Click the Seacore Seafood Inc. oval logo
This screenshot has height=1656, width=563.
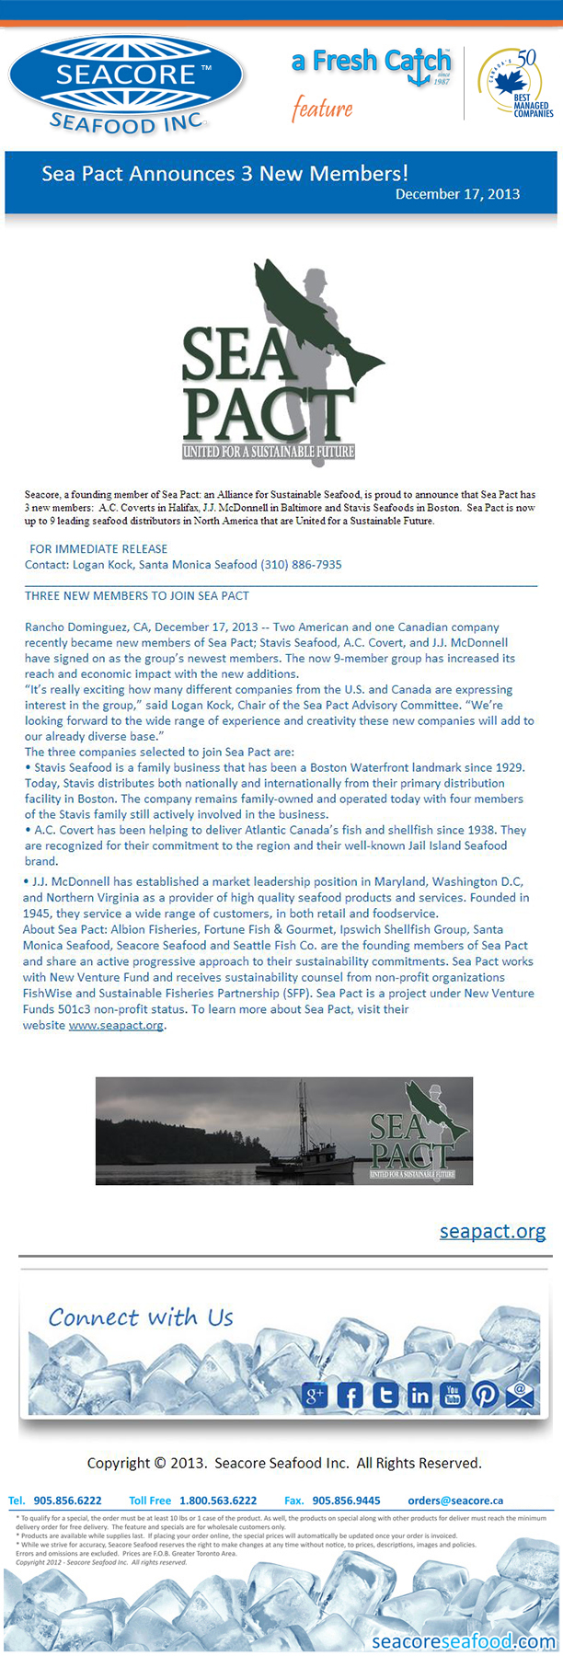(126, 85)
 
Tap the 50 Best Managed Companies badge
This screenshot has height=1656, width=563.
(516, 84)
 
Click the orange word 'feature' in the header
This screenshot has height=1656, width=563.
(322, 109)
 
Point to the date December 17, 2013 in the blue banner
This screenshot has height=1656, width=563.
(457, 194)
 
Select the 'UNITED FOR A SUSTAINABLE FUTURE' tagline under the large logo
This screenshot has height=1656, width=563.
(268, 452)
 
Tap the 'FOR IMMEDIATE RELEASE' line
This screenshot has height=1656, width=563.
(98, 549)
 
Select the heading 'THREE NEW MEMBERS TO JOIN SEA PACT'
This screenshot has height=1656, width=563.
(137, 595)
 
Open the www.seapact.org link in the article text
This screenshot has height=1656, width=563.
(116, 1025)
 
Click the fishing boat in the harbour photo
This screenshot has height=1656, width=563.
(308, 1150)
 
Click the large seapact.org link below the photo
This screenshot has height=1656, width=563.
(492, 1231)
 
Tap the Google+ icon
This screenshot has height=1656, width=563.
(315, 1396)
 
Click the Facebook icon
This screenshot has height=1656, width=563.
(350, 1396)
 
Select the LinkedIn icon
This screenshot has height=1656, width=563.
(419, 1396)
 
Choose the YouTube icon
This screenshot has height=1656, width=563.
(453, 1396)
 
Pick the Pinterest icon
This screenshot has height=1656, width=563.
(485, 1396)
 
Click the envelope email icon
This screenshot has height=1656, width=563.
(520, 1396)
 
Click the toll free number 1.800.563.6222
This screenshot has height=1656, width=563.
(218, 1501)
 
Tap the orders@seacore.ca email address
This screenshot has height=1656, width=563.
(455, 1501)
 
